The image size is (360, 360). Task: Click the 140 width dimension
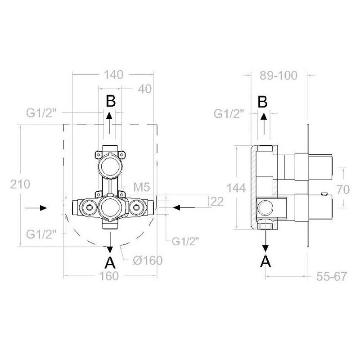pos(114,75)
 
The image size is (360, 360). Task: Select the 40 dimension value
pos(144,89)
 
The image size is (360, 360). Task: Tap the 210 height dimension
pos(20,184)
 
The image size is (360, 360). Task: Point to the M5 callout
pos(142,187)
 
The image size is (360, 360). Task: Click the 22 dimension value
pos(217,201)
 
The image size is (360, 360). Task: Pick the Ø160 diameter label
pos(148,260)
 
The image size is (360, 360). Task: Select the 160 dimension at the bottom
pos(109,276)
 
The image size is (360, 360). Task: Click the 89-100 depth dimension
pos(279,75)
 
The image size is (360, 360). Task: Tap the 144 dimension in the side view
pos(236,188)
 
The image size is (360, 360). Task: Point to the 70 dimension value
pos(343,189)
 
